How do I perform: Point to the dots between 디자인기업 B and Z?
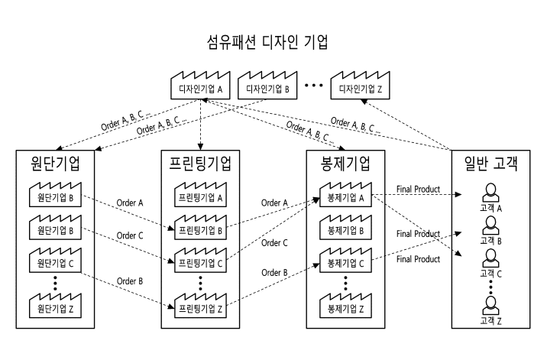click(315, 86)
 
